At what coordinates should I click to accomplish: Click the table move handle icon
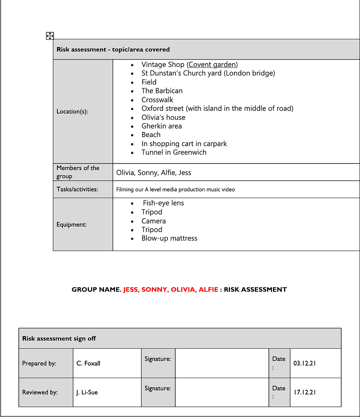pos(50,36)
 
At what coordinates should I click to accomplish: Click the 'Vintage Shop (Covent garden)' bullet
pos(190,65)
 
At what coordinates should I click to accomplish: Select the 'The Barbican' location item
pos(162,91)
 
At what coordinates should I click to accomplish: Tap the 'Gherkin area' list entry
pos(162,126)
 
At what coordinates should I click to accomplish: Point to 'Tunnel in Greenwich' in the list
pos(174,152)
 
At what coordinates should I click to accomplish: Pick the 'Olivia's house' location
pos(163,118)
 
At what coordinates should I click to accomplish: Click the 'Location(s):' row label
pos(72,111)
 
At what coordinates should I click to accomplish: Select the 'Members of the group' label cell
pos(78,172)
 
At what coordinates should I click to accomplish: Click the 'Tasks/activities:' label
pos(77,189)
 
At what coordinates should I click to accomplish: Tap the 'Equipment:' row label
pos(72,224)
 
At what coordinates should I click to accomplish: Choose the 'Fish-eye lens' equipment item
pos(163,203)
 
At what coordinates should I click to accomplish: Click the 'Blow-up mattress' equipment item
pos(169,238)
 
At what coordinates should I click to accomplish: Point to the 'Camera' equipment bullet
pos(154,221)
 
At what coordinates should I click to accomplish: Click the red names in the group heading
pos(170,290)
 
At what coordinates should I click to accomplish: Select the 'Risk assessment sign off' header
pos(59,338)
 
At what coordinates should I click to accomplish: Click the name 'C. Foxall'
pos(89,363)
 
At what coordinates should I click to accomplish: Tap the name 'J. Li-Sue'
pos(87,392)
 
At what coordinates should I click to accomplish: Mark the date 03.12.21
pos(305,363)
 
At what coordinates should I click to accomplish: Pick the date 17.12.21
pos(305,392)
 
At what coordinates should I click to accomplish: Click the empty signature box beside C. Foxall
pos(222,363)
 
